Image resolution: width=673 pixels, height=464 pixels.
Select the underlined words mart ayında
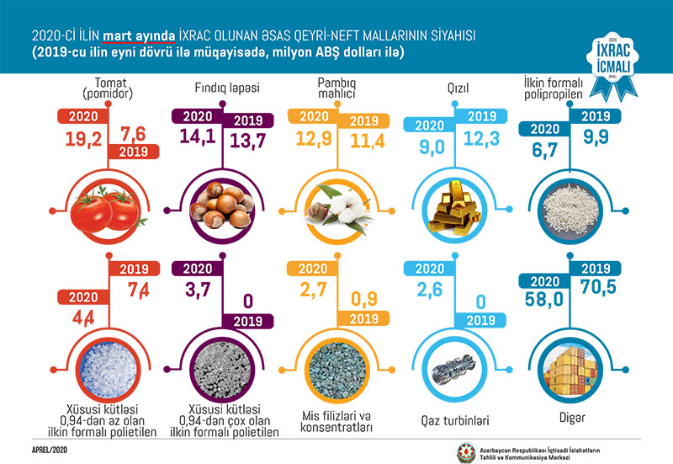140,37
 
